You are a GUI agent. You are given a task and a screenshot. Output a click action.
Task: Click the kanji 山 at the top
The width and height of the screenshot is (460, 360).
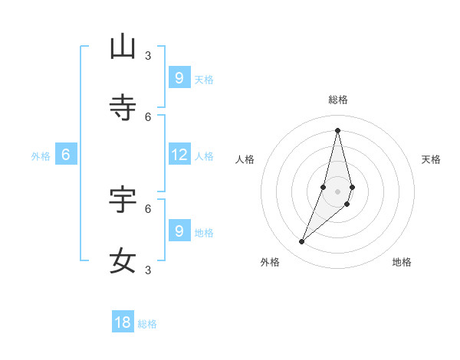coord(123,47)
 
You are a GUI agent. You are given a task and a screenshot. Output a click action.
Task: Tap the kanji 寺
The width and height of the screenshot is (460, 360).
coord(123,108)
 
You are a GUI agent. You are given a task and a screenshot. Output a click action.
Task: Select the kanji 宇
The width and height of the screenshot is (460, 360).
coord(123,199)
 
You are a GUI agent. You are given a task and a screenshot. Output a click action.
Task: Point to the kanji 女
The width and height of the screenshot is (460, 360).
coord(123,260)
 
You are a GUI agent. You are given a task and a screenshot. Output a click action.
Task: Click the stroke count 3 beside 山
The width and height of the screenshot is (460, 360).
coord(148,55)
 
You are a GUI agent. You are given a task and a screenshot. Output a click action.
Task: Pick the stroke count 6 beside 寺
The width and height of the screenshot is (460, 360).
coord(148,116)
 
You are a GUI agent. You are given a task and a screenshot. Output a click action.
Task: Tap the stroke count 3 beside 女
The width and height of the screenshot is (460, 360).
coord(148,270)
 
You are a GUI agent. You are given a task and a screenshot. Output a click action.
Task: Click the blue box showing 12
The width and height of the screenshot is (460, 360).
coord(179,155)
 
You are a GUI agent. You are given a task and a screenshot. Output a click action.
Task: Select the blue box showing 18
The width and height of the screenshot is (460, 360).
coord(123,322)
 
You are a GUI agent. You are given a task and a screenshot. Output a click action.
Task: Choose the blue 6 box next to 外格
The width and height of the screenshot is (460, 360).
coord(66,155)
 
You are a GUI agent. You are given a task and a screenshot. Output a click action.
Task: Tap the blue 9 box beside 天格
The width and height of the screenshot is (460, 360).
coord(179,77)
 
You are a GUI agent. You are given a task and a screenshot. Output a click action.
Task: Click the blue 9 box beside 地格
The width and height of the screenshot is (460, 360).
coord(179,231)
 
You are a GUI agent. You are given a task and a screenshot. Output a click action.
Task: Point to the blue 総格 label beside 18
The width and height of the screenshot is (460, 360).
coord(147,324)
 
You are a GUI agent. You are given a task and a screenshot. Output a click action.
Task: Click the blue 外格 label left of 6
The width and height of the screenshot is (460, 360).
coord(41,156)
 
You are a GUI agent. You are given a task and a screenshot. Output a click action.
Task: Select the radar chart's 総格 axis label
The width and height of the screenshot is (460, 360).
coord(338,100)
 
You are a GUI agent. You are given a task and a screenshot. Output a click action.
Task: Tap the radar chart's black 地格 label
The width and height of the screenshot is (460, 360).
coord(402,262)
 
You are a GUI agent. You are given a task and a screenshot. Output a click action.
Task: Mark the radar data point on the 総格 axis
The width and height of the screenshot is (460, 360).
coord(337,129)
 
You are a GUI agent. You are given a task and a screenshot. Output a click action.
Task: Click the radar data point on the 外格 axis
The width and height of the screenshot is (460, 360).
coord(302,242)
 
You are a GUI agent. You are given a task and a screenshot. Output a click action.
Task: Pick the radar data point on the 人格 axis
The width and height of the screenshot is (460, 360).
coord(324,187)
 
